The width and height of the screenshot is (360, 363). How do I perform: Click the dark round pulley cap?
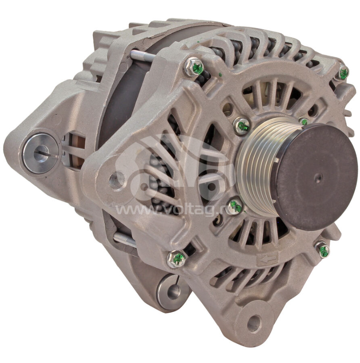click(315, 177)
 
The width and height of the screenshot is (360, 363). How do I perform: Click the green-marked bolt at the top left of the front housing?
click(194, 67)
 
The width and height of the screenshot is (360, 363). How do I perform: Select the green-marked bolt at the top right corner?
click(343, 73)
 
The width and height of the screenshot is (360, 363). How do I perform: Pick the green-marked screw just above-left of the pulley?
click(241, 126)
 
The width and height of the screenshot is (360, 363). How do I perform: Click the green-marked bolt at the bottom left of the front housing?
click(177, 259)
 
